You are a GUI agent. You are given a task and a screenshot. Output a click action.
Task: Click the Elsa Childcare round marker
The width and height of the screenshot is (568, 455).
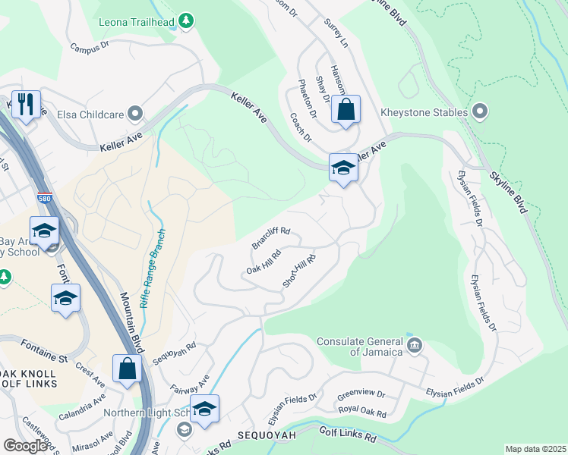136,115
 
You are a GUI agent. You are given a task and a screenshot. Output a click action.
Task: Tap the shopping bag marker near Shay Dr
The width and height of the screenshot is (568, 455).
346,109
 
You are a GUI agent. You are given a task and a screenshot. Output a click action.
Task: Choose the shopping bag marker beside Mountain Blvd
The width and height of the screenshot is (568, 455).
128,369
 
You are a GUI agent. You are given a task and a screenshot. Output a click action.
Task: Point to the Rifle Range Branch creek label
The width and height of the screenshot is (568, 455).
155,268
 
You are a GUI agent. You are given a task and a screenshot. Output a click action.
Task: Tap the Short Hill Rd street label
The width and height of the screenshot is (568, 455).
299,271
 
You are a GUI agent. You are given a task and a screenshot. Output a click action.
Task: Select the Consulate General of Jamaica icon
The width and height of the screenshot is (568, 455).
415,347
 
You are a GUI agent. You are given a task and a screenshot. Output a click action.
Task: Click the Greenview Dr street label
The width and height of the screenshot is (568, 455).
361,395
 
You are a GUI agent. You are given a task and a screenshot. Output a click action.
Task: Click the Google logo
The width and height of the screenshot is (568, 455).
25,445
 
